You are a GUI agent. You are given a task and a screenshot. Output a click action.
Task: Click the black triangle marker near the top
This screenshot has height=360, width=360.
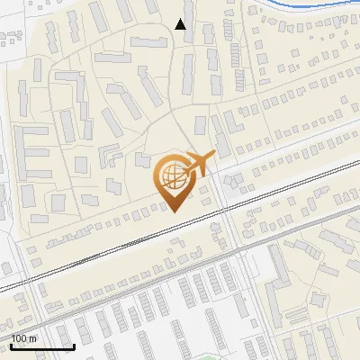click(x=181, y=24)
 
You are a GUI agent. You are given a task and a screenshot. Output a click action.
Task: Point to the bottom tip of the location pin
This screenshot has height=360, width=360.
click(x=173, y=212)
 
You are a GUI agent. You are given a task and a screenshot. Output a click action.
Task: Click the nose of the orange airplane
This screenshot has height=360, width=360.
click(x=214, y=156)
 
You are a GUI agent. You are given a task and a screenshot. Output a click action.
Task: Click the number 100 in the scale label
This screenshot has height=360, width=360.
click(x=19, y=338)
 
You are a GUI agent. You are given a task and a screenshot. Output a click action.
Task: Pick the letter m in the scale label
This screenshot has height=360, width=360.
click(x=33, y=338)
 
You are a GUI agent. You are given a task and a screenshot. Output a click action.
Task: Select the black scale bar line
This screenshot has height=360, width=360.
click(x=41, y=346)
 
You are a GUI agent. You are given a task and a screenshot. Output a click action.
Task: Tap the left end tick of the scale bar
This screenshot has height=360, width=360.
click(x=11, y=345)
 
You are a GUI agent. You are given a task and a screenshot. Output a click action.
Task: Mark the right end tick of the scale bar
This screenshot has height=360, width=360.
click(x=73, y=345)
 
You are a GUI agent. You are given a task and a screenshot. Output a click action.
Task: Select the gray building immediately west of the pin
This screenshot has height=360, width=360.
click(x=141, y=160)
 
